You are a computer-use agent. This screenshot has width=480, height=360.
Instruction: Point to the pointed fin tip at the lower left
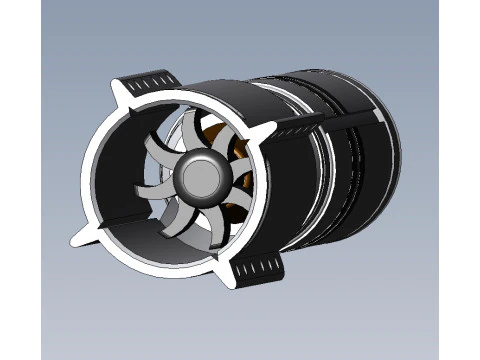tap(74, 240)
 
